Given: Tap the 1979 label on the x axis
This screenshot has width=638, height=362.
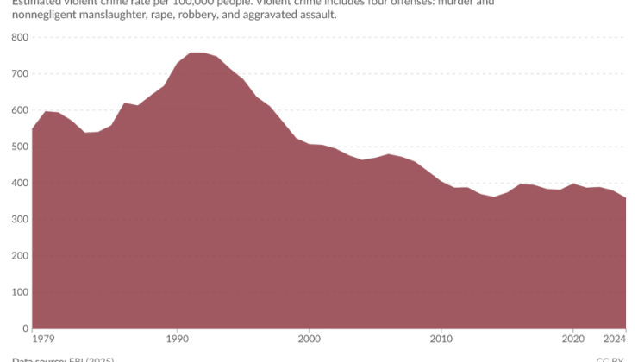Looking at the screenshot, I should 44,340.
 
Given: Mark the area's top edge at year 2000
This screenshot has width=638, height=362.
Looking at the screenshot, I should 309,144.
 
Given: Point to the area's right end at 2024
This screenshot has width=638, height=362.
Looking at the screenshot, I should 625,198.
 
